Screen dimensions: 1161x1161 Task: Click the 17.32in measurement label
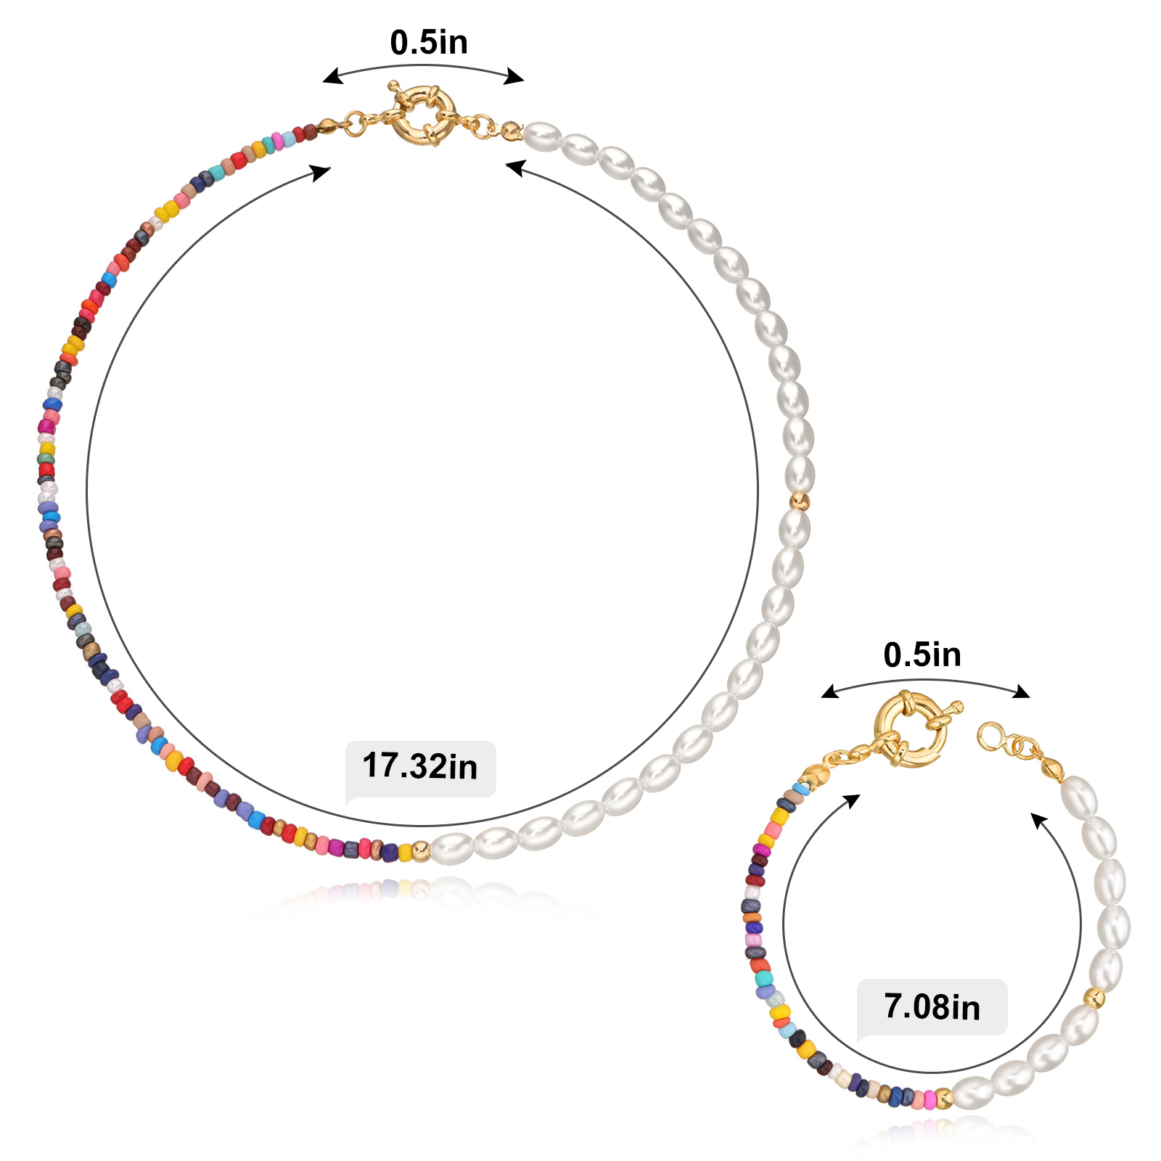tap(419, 766)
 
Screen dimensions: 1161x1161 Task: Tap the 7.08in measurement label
tap(932, 1007)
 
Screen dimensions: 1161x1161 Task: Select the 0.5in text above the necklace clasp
tap(429, 42)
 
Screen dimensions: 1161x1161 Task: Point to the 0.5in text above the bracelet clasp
tap(922, 655)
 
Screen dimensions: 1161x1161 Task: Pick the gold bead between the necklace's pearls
tap(799, 501)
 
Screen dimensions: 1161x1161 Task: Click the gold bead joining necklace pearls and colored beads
tap(421, 850)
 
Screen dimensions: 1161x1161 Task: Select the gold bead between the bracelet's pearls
tap(1094, 998)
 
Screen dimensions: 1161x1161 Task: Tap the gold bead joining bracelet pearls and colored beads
tap(943, 1099)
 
